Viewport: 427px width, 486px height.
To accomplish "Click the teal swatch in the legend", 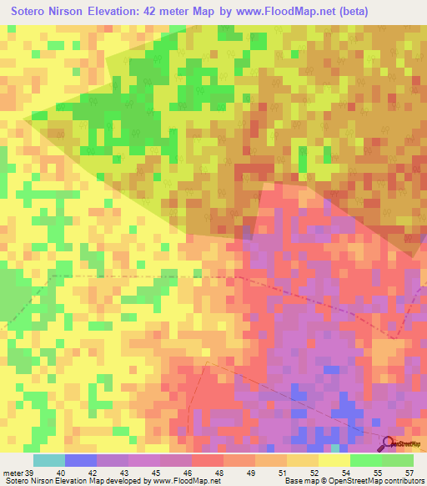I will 48,459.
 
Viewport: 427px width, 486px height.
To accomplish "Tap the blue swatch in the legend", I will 80,459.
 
